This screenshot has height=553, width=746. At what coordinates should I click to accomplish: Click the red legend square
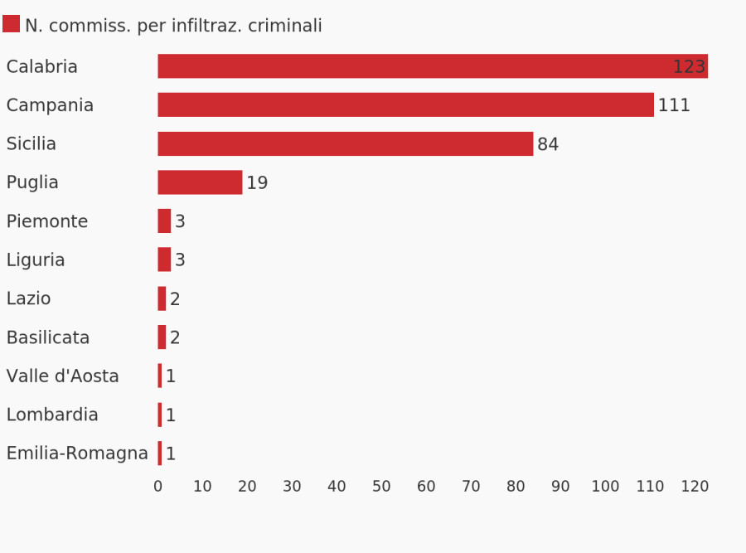(x=11, y=24)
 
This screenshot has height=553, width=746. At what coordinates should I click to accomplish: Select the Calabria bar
(x=414, y=66)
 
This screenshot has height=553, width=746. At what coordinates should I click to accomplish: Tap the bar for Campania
(x=405, y=105)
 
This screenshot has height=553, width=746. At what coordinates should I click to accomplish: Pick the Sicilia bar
(x=345, y=144)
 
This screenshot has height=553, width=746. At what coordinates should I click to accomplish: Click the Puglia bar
(x=200, y=182)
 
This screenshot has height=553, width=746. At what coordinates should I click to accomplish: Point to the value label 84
(x=548, y=145)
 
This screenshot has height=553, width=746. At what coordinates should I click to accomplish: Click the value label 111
(x=674, y=106)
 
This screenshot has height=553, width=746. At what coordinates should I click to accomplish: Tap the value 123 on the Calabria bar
(x=688, y=67)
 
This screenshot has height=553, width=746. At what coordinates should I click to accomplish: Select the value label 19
(x=257, y=183)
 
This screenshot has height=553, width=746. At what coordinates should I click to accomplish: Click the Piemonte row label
(x=47, y=221)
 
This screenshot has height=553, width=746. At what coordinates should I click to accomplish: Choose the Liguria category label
(x=36, y=260)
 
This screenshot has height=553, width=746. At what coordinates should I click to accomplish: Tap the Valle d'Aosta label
(x=63, y=376)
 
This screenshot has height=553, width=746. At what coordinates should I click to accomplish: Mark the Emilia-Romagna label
(x=77, y=454)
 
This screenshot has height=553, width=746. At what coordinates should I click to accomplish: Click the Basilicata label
(x=48, y=337)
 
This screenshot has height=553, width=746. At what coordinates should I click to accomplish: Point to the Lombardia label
(x=52, y=415)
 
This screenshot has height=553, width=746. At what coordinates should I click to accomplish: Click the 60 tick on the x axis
(x=426, y=487)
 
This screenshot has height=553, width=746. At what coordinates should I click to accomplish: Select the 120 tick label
(x=695, y=487)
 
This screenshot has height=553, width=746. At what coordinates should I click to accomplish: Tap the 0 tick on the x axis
(x=158, y=487)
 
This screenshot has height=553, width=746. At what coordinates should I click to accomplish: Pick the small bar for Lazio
(x=162, y=298)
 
